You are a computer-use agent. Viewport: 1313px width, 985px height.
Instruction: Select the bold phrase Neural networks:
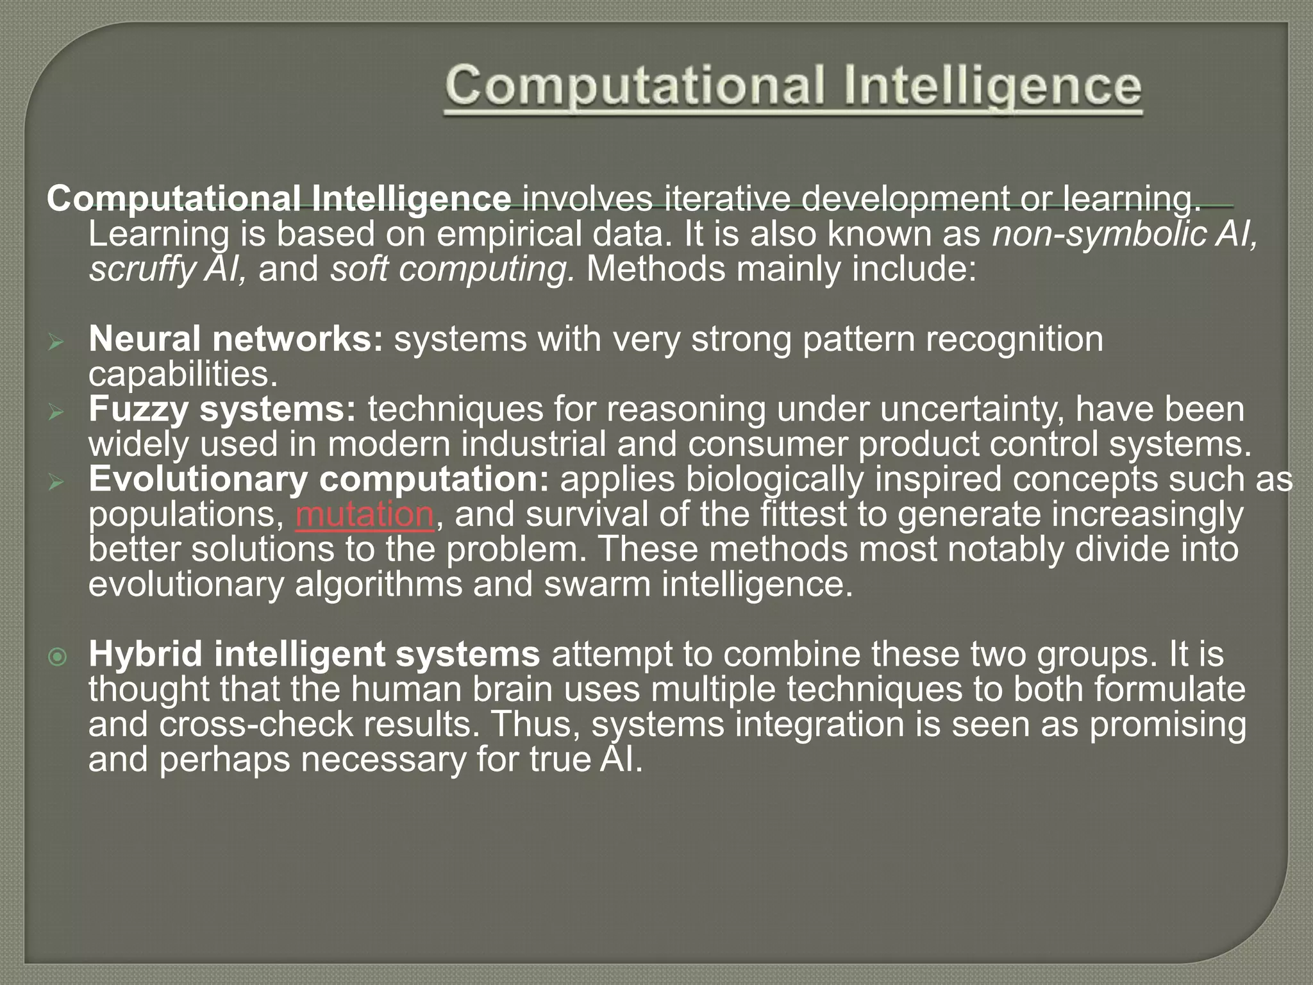[x=235, y=339]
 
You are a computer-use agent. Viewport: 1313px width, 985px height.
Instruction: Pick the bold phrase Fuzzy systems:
[x=222, y=410]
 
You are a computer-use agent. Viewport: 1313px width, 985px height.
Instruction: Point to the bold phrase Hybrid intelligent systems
[x=314, y=655]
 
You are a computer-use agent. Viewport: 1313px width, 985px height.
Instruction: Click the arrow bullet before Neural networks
[x=56, y=343]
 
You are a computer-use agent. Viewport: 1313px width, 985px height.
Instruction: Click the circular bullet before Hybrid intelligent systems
[x=58, y=657]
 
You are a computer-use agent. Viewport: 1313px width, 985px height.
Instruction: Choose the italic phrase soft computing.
[x=453, y=269]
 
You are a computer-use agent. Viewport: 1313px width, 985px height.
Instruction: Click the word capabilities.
[x=183, y=375]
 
